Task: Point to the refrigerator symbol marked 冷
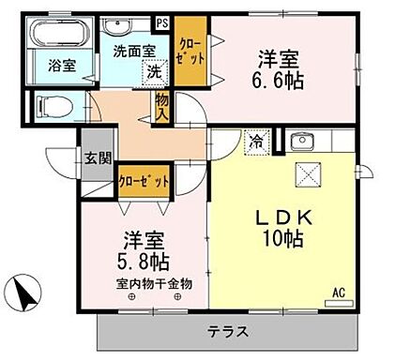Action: pyautogui.click(x=255, y=142)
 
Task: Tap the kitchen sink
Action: pyautogui.click(x=301, y=142)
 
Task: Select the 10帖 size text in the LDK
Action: pyautogui.click(x=281, y=239)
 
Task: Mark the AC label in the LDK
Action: pyautogui.click(x=341, y=292)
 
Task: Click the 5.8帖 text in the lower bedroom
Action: pyautogui.click(x=141, y=258)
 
